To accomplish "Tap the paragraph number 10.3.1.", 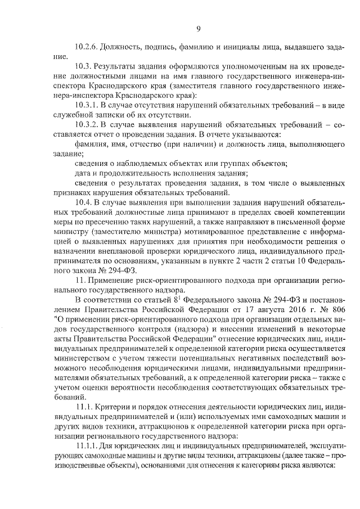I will pos(87,105).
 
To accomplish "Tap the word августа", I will pos(265,310).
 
